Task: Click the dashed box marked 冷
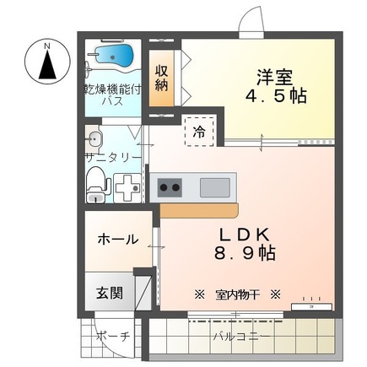pyautogui.click(x=198, y=131)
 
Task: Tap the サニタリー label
pyautogui.click(x=112, y=157)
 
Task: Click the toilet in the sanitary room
pyautogui.click(x=97, y=181)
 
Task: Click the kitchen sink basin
pyautogui.click(x=214, y=186)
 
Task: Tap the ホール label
pyautogui.click(x=118, y=240)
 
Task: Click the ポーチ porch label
pyautogui.click(x=112, y=336)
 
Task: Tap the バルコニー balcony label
pyautogui.click(x=241, y=336)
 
